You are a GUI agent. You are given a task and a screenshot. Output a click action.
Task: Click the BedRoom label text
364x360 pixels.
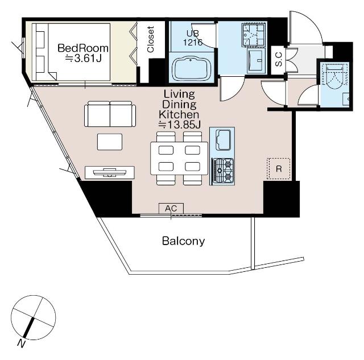pos(83,48)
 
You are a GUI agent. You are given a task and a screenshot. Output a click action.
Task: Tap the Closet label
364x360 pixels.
pos(150,39)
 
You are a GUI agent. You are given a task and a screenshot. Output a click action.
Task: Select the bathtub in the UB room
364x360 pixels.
pos(191,68)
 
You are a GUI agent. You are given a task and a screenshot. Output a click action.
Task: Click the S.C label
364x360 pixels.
pos(278,59)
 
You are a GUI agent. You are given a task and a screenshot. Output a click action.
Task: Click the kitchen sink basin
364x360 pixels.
pos(223,140)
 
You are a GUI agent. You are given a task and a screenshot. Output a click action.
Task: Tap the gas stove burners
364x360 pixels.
pos(223,170)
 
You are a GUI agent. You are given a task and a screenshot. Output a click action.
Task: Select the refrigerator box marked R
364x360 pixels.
pos(278,169)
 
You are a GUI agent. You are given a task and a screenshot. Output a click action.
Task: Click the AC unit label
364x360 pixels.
pos(171,208)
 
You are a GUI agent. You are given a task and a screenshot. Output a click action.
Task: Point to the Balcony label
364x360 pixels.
pos(183,241)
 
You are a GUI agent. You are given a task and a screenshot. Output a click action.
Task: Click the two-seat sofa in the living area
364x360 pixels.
pos(110,114)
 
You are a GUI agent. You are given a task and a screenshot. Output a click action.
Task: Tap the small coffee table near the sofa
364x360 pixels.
pos(110,142)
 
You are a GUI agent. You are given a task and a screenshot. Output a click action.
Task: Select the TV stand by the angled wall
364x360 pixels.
pos(110,172)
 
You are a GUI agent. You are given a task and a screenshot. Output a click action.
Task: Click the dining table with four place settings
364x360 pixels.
pos(179,158)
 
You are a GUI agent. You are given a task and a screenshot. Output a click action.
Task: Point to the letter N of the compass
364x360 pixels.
pos(22,343)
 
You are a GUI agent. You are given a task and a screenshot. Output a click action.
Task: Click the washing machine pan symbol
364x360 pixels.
pos(253,35)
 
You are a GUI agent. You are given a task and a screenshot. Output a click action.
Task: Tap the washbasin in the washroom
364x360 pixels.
pos(256,61)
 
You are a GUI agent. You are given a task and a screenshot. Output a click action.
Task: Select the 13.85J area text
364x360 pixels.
pos(180,125)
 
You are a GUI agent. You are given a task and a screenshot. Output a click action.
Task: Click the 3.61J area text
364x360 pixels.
pos(83,58)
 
